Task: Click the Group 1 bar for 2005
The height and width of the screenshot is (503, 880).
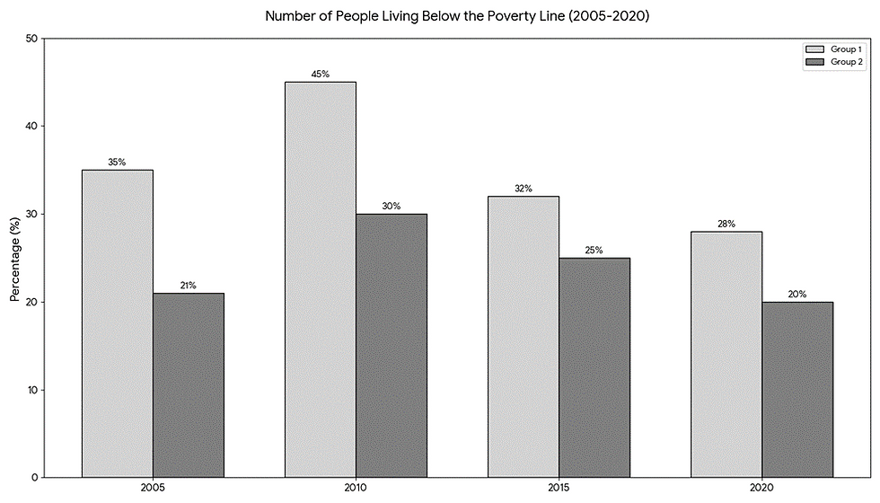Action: (x=117, y=323)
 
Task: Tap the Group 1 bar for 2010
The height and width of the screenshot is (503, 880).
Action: (x=320, y=279)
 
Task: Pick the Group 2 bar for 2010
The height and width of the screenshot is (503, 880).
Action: (x=392, y=345)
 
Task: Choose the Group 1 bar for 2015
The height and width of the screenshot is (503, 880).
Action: (x=524, y=337)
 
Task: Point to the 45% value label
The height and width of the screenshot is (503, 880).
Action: (x=320, y=75)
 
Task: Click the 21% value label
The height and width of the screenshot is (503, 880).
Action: (x=188, y=286)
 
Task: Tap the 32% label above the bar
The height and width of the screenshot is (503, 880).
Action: (x=524, y=189)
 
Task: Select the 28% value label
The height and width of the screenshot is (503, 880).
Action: (x=726, y=224)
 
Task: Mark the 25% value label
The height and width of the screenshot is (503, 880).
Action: (x=594, y=251)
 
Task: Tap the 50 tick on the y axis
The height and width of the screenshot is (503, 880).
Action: (x=31, y=39)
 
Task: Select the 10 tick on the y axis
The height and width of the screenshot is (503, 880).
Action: (x=31, y=390)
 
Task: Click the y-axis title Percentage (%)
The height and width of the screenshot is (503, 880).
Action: (x=14, y=258)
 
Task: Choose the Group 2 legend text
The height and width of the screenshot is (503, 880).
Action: (x=847, y=62)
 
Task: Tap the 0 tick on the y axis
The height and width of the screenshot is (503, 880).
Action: (x=34, y=477)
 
